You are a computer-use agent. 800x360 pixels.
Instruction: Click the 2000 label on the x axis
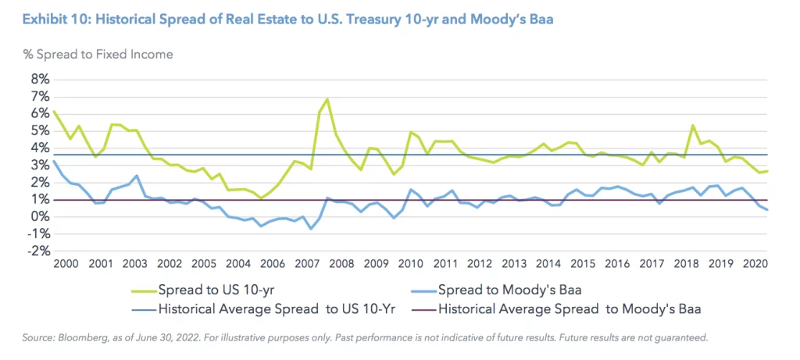pyautogui.click(x=68, y=265)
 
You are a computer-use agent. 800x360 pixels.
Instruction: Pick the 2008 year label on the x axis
pyautogui.click(x=340, y=265)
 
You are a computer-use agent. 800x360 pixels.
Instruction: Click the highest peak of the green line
pyautogui.click(x=327, y=99)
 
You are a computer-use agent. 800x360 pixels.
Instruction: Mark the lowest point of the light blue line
pyautogui.click(x=310, y=229)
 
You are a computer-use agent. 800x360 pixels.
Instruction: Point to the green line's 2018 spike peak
pyautogui.click(x=693, y=126)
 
